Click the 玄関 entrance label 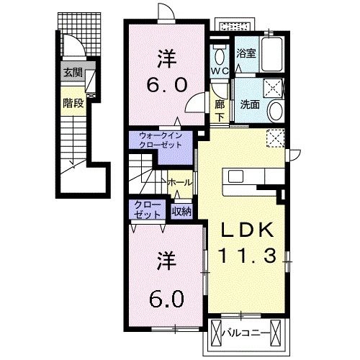click(73, 72)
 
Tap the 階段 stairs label click(73, 103)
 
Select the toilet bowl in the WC click(219, 57)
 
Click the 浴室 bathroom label click(246, 53)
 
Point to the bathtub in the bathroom click(271, 54)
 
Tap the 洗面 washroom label click(250, 104)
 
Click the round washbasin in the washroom click(276, 111)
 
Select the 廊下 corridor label click(220, 110)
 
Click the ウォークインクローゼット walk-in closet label click(161, 140)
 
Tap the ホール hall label click(180, 183)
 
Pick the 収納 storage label click(181, 212)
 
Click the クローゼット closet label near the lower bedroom click(147, 210)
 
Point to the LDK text click(248, 230)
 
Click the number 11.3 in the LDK click(248, 255)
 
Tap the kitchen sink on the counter click(235, 176)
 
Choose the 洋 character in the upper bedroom click(167, 59)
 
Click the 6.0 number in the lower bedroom click(167, 299)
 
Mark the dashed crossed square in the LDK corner click(276, 138)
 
